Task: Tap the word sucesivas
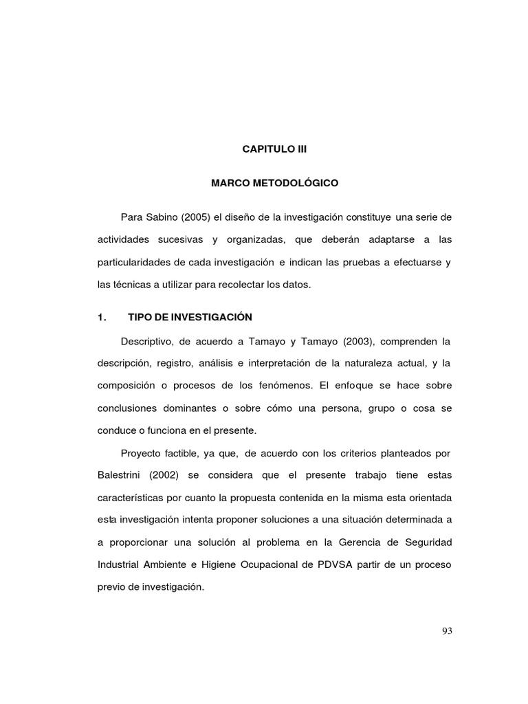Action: click(x=175, y=239)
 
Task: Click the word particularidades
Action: click(x=140, y=262)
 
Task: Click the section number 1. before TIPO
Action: click(x=103, y=317)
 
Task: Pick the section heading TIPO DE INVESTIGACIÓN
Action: click(x=190, y=317)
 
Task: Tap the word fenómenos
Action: click(x=281, y=385)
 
